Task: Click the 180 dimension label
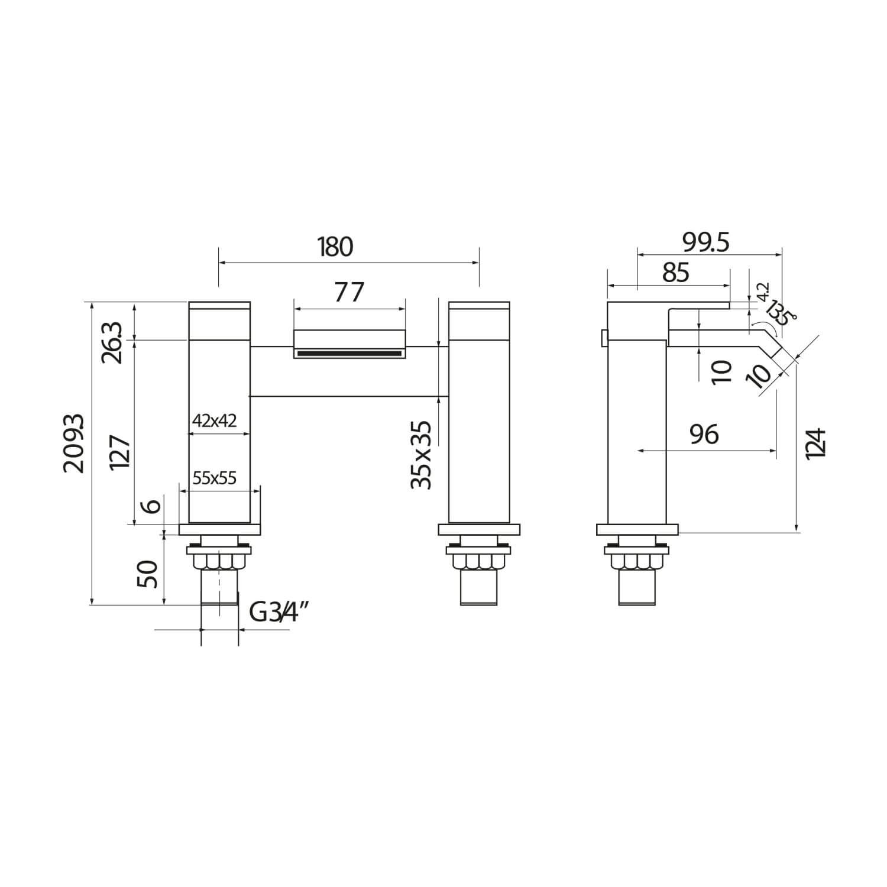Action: point(335,247)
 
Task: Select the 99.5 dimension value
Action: point(706,242)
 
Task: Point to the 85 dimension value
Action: point(676,273)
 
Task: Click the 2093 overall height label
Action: point(75,443)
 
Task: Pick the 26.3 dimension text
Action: point(114,342)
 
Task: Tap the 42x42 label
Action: point(215,421)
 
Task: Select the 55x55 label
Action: point(215,478)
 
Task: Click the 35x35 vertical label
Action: point(422,454)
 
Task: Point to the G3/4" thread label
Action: point(280,612)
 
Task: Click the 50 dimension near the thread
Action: point(148,574)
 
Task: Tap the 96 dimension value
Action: point(704,435)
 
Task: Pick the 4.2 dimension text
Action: point(763,292)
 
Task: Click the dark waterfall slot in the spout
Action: point(349,354)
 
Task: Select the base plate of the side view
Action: point(638,530)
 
